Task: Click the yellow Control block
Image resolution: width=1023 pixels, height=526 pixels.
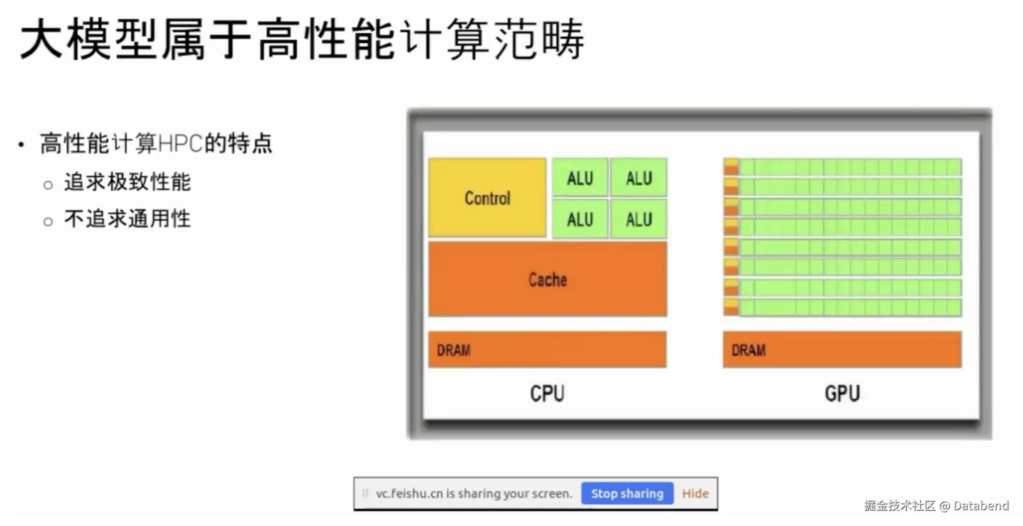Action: (x=487, y=197)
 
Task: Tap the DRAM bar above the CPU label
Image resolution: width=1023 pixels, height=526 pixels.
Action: (x=547, y=350)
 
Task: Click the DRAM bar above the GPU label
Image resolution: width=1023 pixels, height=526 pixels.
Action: (x=842, y=350)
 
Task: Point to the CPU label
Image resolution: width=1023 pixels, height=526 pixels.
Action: (x=547, y=394)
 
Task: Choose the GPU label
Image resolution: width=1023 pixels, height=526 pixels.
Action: (x=842, y=394)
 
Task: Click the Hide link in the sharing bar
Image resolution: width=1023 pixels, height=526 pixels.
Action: (x=695, y=493)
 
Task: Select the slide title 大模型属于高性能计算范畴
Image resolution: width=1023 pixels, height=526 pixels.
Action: (x=302, y=39)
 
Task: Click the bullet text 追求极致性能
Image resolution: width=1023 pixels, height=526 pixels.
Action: (x=128, y=182)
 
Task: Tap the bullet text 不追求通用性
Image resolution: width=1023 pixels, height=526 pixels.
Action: (x=128, y=219)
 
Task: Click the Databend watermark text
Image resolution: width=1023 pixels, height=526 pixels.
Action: (x=981, y=506)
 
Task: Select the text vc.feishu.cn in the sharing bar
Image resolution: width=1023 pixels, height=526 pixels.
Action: (x=409, y=494)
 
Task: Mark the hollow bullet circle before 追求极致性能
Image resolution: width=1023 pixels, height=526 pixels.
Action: (x=48, y=185)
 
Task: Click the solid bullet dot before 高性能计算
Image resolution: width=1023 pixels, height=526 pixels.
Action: (x=21, y=144)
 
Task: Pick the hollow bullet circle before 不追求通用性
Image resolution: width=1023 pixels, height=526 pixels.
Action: (x=48, y=221)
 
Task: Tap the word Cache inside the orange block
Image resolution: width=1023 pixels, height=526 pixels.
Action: (x=547, y=279)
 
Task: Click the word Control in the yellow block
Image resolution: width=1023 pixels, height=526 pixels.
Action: (x=487, y=198)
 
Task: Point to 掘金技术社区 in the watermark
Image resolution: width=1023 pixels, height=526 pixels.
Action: (x=900, y=506)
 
